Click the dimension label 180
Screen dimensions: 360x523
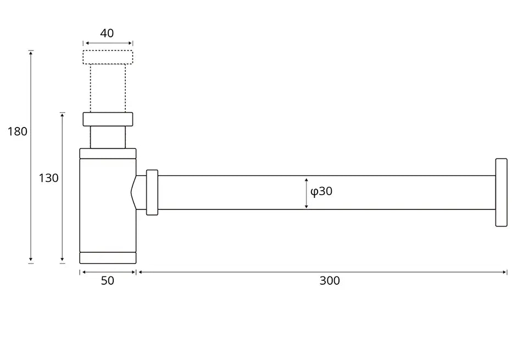click(17, 131)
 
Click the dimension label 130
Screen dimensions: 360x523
click(48, 178)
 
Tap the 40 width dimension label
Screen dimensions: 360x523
click(107, 33)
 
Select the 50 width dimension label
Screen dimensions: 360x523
click(108, 281)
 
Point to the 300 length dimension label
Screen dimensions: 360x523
click(330, 281)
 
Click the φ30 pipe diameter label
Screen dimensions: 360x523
click(321, 191)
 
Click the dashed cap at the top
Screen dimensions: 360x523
click(108, 57)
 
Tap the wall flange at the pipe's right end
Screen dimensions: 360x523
click(501, 192)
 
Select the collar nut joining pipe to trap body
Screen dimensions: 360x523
click(152, 192)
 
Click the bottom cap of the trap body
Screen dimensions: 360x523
click(108, 258)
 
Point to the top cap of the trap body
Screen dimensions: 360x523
click(108, 153)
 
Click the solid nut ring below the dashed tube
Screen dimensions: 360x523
click(108, 119)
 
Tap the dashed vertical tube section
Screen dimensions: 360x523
click(108, 88)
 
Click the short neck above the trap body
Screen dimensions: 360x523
click(108, 137)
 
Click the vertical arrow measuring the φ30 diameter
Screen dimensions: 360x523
click(307, 193)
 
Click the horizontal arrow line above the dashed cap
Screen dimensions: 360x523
click(108, 43)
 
